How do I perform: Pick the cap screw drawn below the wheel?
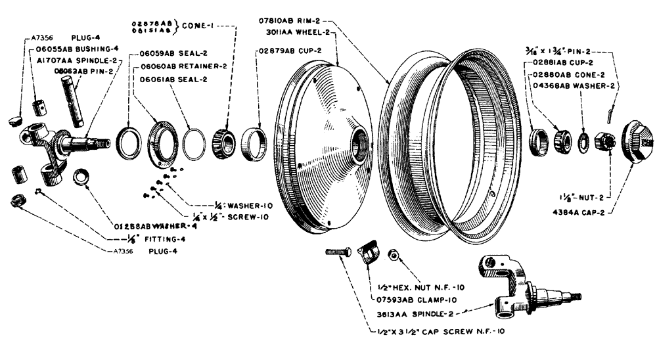click(339, 252)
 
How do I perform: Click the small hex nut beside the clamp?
click(394, 254)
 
